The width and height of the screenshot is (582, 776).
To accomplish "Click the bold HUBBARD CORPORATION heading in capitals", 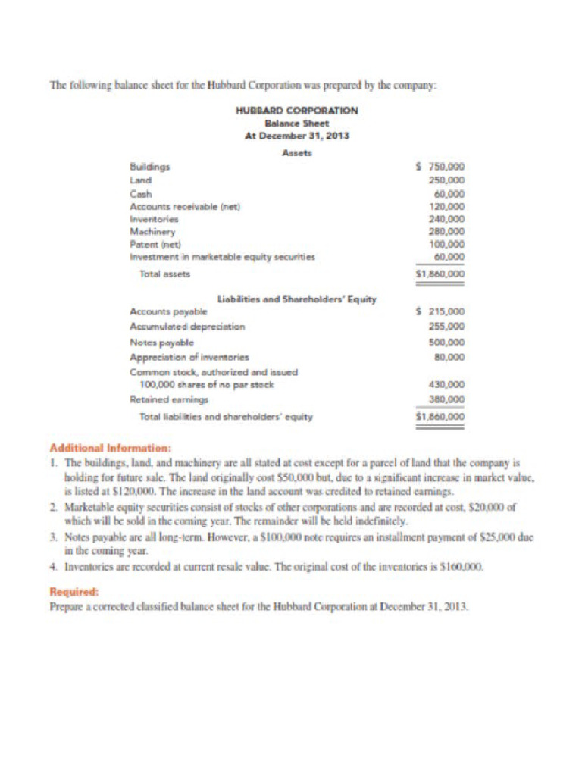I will (297, 111).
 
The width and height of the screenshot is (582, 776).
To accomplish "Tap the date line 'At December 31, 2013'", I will (296, 136).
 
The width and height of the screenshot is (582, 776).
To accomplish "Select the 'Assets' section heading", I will (296, 152).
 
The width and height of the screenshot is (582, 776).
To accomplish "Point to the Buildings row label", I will (150, 167).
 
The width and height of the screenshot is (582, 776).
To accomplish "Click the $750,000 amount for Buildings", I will (442, 167).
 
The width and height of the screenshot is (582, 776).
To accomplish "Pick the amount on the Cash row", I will (449, 193).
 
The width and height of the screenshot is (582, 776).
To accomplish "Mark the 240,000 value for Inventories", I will (447, 219).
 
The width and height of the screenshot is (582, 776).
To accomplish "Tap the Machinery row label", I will (152, 231).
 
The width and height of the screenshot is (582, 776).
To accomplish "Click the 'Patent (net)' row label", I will (155, 244).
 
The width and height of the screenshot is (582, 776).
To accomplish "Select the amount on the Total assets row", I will (441, 274).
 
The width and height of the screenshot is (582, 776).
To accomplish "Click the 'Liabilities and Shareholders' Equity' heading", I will (296, 299).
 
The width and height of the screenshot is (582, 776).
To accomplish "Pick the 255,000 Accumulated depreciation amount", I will (447, 327).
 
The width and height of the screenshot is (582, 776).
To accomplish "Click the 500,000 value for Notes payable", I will (447, 342).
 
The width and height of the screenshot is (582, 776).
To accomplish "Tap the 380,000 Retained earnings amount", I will (447, 399).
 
